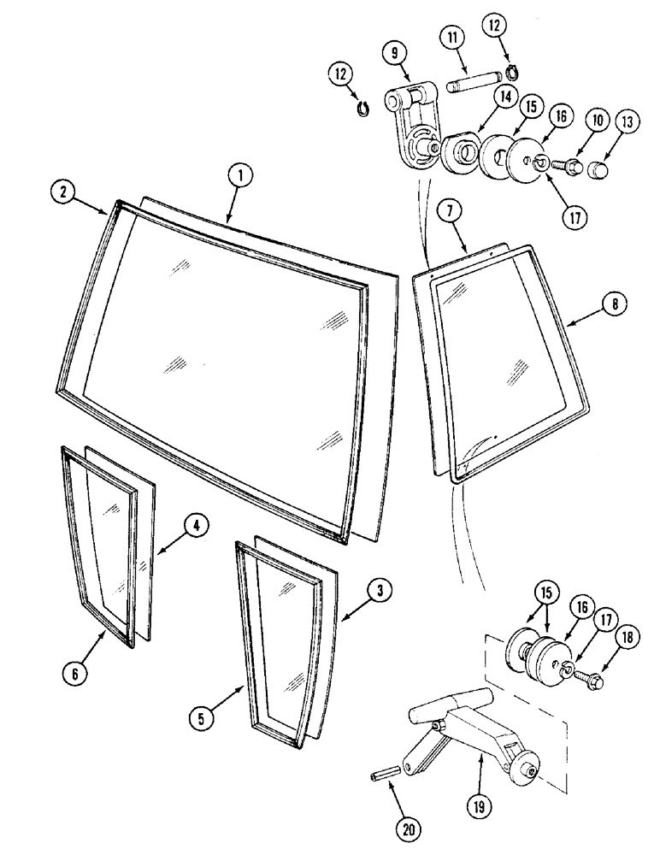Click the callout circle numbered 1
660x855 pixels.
[x=241, y=175]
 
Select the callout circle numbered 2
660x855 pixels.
[x=63, y=193]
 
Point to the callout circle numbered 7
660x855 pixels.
[x=452, y=210]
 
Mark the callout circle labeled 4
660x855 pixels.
[x=195, y=528]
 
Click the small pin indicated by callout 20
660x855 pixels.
[x=382, y=776]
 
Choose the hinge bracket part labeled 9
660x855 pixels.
[x=410, y=128]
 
